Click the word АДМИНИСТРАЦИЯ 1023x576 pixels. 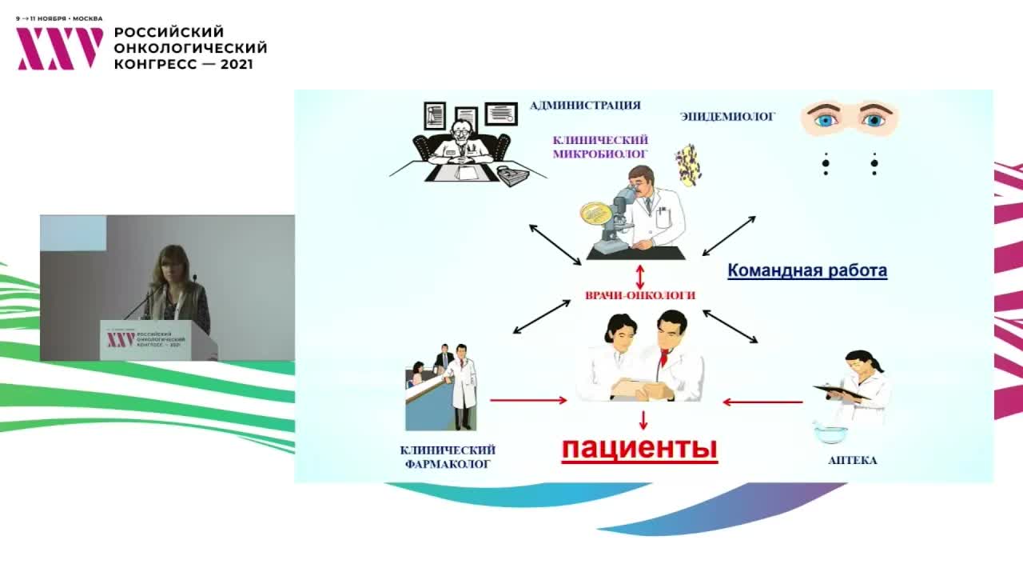pyautogui.click(x=585, y=106)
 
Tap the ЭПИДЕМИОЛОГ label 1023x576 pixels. pyautogui.click(x=727, y=117)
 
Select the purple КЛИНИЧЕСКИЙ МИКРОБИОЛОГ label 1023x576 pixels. pyautogui.click(x=600, y=146)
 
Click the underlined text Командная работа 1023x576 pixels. pyautogui.click(x=806, y=270)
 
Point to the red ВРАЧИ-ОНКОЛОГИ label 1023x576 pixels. pyautogui.click(x=640, y=295)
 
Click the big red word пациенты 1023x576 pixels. pyautogui.click(x=639, y=448)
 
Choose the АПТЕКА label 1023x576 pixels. pyautogui.click(x=852, y=461)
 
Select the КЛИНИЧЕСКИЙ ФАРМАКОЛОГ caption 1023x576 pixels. pyautogui.click(x=447, y=457)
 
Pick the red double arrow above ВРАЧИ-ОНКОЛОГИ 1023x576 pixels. pyautogui.click(x=640, y=276)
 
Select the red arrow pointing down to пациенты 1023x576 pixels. pyautogui.click(x=643, y=420)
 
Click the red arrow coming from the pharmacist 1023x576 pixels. pyautogui.click(x=762, y=402)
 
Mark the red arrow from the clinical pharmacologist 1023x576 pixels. pyautogui.click(x=527, y=400)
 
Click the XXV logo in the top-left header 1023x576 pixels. pyautogui.click(x=60, y=49)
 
